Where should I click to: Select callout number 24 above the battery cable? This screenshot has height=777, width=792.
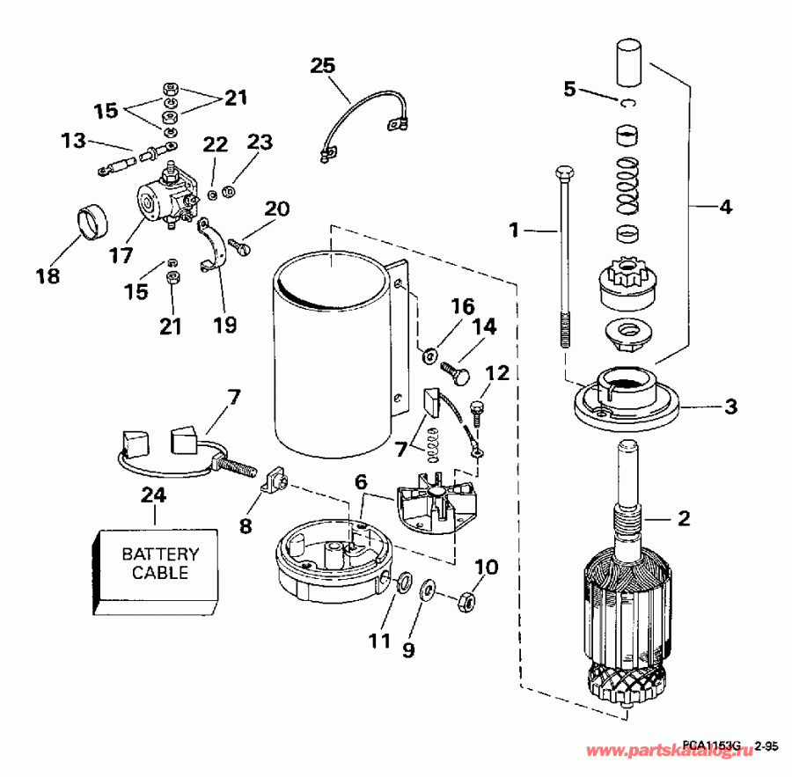pyautogui.click(x=153, y=495)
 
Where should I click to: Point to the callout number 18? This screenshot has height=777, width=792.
pyautogui.click(x=48, y=275)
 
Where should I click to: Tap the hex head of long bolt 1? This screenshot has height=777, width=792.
pyautogui.click(x=564, y=171)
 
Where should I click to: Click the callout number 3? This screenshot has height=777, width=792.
pyautogui.click(x=730, y=407)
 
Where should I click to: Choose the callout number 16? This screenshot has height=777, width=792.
pyautogui.click(x=462, y=306)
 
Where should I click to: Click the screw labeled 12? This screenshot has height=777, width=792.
pyautogui.click(x=477, y=409)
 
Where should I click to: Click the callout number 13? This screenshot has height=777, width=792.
pyautogui.click(x=75, y=140)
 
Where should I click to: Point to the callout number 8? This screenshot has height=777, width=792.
pyautogui.click(x=246, y=526)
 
